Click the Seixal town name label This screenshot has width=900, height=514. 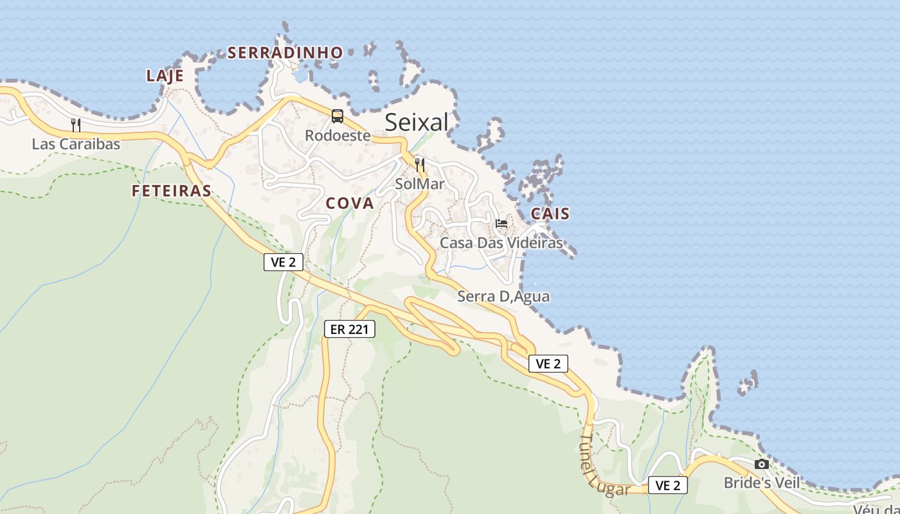click(417, 122)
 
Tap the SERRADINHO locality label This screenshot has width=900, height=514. click(285, 53)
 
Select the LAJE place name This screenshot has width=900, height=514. click(165, 76)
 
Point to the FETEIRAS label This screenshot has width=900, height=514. click(172, 191)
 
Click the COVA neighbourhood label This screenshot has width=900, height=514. click(350, 204)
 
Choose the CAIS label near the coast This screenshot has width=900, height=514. click(550, 214)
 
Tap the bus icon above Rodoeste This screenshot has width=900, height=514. click(337, 116)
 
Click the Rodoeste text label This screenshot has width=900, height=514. click(337, 136)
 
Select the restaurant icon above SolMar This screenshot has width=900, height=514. click(420, 164)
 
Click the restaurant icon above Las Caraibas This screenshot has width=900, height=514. click(76, 125)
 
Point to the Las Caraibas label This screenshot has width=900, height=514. click(76, 144)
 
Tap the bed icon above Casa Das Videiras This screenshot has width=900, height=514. click(501, 224)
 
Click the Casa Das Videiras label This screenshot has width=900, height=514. click(501, 243)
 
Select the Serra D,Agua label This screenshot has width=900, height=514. click(503, 297)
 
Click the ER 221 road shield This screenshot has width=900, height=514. click(349, 330)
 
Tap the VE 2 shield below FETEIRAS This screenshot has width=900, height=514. click(283, 262)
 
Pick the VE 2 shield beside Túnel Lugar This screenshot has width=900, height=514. click(667, 486)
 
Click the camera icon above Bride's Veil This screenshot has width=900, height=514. click(762, 464)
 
